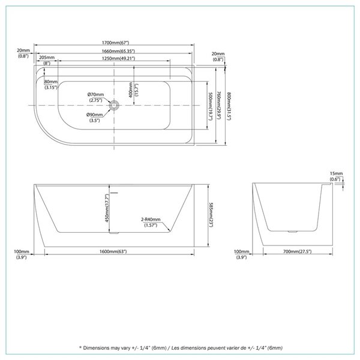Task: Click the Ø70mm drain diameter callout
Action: point(95,94)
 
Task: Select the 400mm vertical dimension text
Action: point(131,90)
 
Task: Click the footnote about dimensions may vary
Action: point(180,347)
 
